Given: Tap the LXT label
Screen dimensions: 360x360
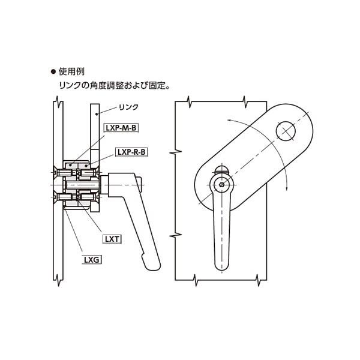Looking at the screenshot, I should click(112, 238).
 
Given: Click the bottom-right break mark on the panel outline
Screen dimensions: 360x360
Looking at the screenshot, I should click(259, 280).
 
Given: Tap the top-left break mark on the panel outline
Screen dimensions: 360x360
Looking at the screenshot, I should click(190, 101).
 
